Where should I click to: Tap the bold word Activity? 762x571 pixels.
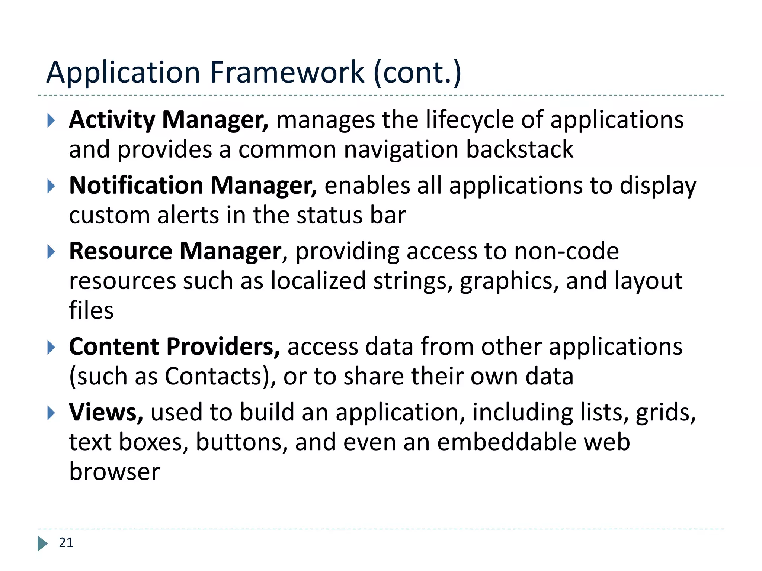[x=112, y=120]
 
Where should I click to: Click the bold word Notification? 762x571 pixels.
[x=136, y=186]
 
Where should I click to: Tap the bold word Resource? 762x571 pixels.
[x=121, y=251]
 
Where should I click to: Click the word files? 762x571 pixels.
[x=91, y=310]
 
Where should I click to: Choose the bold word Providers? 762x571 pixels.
[x=222, y=347]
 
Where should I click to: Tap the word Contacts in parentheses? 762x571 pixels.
[x=214, y=376]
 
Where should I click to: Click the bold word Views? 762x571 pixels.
[x=106, y=412]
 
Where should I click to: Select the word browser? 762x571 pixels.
[x=114, y=471]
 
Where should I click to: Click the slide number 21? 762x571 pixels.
[x=66, y=543]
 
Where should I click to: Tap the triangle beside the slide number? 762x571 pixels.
[x=42, y=543]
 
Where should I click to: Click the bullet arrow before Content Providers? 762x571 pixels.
[x=51, y=348]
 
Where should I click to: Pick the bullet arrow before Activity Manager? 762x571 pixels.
[x=51, y=120]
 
